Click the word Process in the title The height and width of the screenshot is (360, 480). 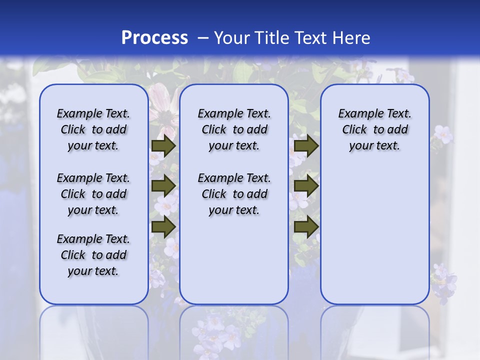click(154, 37)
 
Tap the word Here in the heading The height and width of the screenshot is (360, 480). click(351, 37)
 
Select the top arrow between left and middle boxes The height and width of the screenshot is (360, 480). click(163, 146)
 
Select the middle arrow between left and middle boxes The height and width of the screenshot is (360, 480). click(163, 186)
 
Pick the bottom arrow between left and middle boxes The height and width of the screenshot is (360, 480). click(163, 227)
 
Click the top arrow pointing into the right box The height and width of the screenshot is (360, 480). click(306, 146)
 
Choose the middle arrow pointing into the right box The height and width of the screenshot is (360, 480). click(306, 186)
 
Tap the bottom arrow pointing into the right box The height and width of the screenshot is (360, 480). click(306, 227)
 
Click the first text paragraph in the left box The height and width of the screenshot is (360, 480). click(93, 129)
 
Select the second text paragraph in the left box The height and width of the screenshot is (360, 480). click(93, 194)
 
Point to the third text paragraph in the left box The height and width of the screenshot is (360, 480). click(93, 255)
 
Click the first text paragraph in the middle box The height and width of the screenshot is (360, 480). click(234, 129)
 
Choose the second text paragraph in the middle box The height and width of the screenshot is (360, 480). click(234, 194)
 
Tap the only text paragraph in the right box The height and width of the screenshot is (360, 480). click(374, 129)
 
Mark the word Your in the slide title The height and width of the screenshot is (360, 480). click(231, 37)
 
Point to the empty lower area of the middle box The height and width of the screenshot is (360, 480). click(234, 260)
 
